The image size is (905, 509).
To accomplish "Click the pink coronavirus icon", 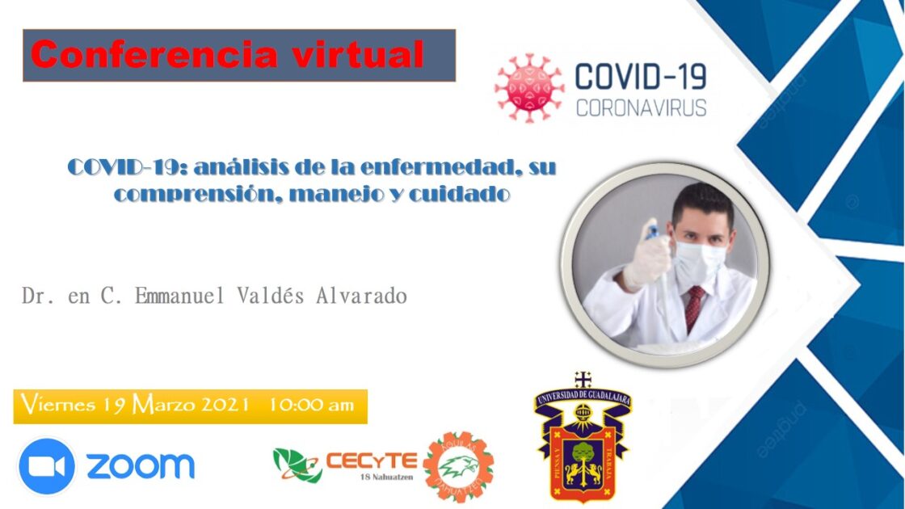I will point(529,87).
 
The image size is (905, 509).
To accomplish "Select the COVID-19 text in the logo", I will point(640,77).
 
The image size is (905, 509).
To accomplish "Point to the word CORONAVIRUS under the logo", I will point(641,107).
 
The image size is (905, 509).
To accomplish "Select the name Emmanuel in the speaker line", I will point(165,296).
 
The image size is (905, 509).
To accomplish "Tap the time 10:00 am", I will point(312,405).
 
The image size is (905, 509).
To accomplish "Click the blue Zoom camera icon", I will point(46,466).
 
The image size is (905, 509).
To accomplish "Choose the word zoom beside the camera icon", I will point(141,466).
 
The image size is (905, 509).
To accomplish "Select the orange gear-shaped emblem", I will point(459,466).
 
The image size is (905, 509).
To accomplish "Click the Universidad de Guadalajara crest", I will point(583,440).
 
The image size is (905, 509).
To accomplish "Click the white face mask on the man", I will point(700,259).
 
